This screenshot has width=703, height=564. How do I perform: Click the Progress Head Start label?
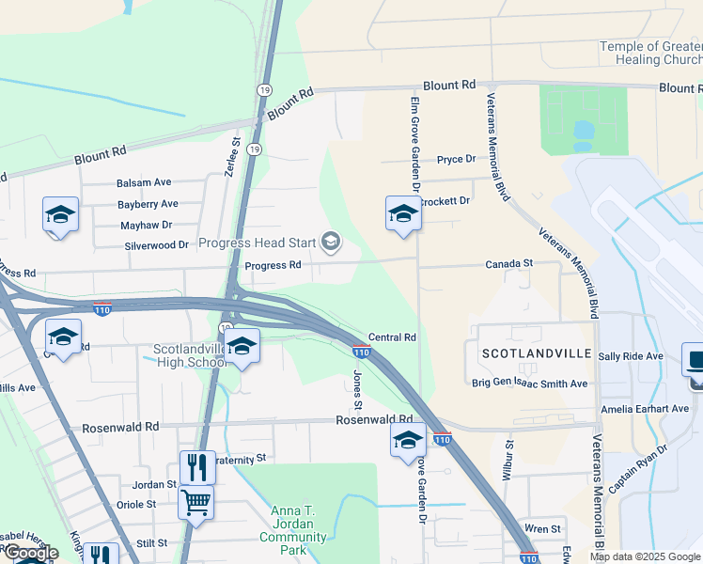[258, 243]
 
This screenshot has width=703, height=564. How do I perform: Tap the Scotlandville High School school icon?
[242, 348]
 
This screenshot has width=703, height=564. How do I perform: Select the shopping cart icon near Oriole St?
[195, 502]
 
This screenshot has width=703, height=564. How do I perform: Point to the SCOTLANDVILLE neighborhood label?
[535, 353]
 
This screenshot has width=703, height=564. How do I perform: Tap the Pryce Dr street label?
[457, 160]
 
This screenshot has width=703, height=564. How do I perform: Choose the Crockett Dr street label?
[443, 201]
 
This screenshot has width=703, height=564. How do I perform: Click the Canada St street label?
[509, 264]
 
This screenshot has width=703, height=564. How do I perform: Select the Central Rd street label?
[392, 337]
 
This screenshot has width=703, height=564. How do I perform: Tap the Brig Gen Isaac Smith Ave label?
[529, 384]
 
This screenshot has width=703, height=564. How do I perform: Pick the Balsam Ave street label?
[144, 182]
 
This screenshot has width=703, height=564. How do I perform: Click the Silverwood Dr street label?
[157, 245]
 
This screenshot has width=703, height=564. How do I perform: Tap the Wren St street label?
[543, 529]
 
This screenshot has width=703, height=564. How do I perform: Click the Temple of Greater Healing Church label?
[651, 54]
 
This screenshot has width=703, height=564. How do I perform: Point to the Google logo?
[31, 554]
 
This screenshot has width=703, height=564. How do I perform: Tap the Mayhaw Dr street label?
[147, 226]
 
